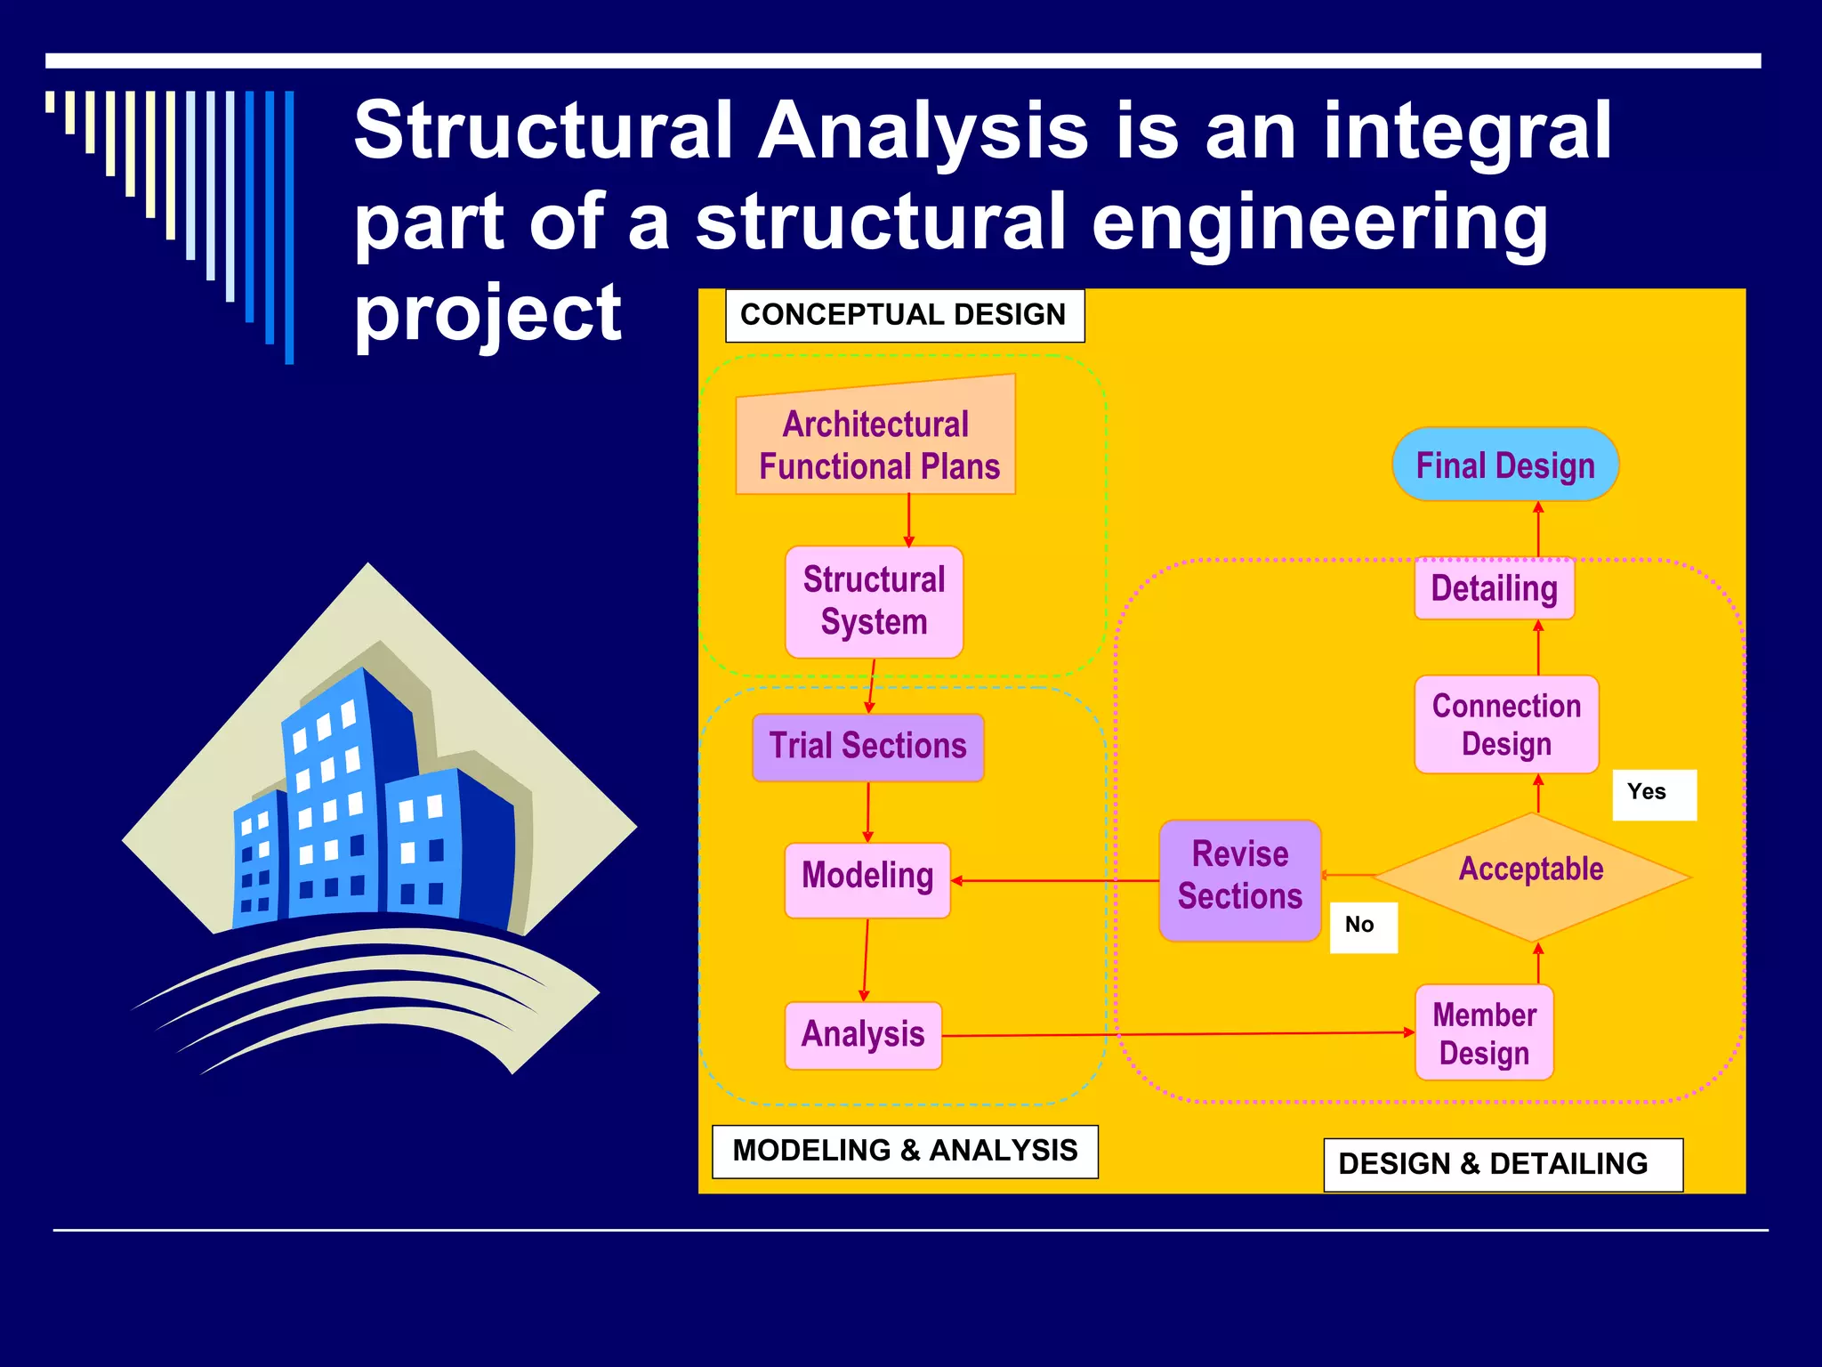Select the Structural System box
click(x=874, y=602)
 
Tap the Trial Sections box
click(x=867, y=747)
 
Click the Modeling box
click(x=867, y=878)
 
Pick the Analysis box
click(x=863, y=1035)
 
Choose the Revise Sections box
click(x=1239, y=878)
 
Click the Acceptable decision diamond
click(x=1531, y=876)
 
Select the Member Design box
click(x=1484, y=1033)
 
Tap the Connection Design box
click(x=1506, y=724)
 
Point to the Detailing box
click(x=1494, y=589)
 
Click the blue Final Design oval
click(x=1504, y=465)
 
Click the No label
click(x=1362, y=926)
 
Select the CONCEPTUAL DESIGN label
click(x=904, y=315)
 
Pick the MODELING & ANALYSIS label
click(x=904, y=1151)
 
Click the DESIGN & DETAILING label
click(x=1502, y=1164)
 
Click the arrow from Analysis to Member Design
click(x=1174, y=1034)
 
